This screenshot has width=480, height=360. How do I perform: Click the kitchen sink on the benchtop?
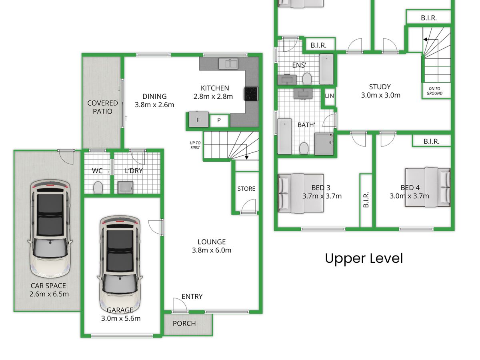228,63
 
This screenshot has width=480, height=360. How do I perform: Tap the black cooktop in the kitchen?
251,94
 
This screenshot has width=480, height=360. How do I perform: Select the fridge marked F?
198,119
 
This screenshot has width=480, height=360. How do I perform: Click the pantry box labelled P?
219,120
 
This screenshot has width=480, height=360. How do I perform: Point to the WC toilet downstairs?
98,187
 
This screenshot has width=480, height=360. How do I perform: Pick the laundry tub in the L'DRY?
125,188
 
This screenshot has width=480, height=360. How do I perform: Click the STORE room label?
246,189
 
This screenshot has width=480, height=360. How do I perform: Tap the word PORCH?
184,324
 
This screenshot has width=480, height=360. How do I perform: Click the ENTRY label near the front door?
192,297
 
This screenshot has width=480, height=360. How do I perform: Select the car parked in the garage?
120,264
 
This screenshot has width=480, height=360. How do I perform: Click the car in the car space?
50,229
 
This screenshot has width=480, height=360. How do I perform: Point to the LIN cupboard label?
329,96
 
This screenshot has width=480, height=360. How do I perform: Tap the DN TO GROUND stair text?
434,91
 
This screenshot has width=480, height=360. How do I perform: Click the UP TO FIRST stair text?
195,145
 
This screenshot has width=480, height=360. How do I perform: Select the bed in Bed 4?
428,187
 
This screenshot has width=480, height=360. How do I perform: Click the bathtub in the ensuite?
326,69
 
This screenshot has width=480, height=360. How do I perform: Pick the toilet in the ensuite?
307,78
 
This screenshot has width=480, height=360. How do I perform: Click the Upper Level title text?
364,258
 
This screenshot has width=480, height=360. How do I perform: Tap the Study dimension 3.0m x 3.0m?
380,95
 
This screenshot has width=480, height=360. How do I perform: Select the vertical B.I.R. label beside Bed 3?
366,200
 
